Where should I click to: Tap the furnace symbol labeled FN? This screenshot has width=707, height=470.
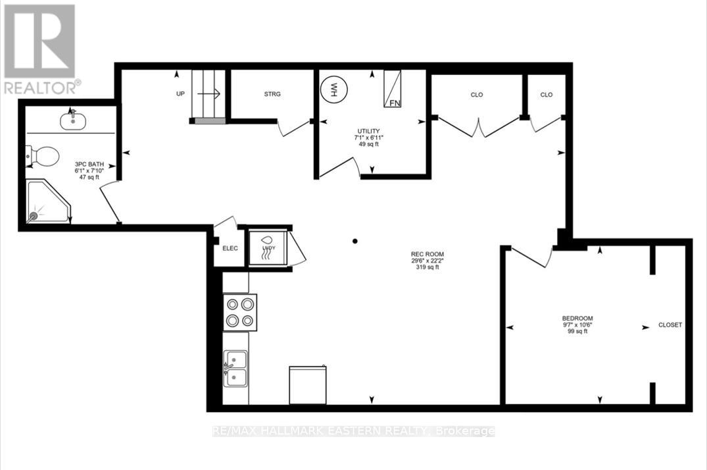tap(393, 88)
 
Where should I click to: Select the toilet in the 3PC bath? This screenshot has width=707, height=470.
tap(43, 156)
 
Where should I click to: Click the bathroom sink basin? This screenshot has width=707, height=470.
tap(72, 120)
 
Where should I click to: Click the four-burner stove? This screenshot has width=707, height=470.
tap(239, 312)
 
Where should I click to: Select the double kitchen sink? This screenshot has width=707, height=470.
tap(235, 369)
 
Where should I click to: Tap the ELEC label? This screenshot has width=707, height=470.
tap(230, 248)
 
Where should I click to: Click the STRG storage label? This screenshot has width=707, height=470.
tap(272, 94)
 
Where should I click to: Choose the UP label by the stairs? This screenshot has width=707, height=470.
tap(180, 94)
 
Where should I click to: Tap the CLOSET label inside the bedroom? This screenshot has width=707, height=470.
tap(670, 325)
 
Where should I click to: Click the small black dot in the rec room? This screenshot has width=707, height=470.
tap(354, 241)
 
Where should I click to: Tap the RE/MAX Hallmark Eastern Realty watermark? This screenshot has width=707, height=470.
tap(354, 431)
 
